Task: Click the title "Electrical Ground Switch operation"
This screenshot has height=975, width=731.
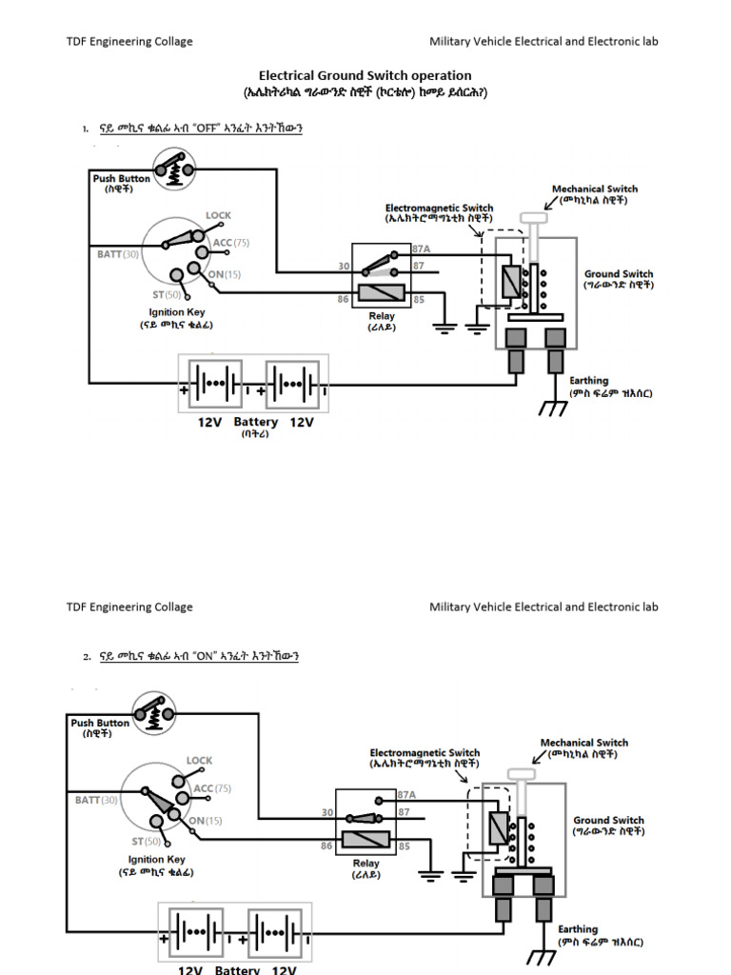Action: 365,75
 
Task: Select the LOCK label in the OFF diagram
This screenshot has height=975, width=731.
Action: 218,216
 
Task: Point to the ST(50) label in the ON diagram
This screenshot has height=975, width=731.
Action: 146,842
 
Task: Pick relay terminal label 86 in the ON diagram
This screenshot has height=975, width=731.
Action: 326,846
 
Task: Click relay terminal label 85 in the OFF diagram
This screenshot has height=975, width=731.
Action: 418,300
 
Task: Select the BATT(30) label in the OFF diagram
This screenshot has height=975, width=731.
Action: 118,254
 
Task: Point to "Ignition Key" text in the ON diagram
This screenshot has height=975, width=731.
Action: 157,860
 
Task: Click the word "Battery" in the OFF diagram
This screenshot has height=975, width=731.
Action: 256,422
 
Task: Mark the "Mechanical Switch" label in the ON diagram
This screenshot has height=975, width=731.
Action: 584,743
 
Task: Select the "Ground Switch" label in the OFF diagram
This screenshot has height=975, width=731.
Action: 619,274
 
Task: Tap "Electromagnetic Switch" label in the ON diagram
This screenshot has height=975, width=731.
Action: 425,753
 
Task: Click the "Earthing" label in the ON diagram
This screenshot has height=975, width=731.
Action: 578,929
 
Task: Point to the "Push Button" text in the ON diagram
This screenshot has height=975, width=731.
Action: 100,723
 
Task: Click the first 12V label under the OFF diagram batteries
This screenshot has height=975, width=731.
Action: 209,422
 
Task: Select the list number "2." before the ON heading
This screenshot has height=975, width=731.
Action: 87,657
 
